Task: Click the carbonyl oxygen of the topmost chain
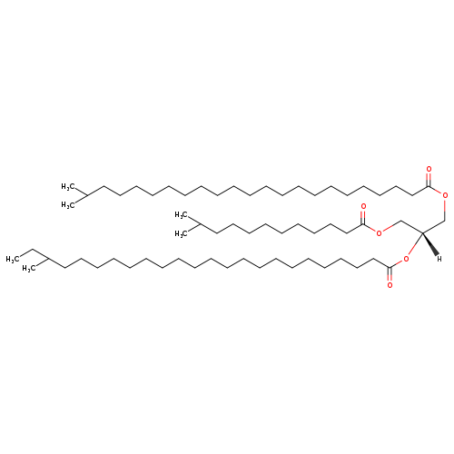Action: coord(429,169)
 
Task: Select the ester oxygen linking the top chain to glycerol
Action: coord(445,195)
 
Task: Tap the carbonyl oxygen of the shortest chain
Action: coord(363,207)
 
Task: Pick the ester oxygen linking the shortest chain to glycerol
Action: coord(379,232)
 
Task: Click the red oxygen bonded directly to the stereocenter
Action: coord(406,259)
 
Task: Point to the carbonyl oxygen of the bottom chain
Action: coord(390,285)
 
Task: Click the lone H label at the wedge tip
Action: coord(439,259)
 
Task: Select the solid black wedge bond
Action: coord(430,244)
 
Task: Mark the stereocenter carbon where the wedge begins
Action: coord(422,232)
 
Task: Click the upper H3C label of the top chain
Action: coord(68,187)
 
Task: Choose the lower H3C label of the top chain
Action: coord(68,205)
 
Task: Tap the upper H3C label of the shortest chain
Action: coord(182,215)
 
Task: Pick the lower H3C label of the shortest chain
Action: coord(182,233)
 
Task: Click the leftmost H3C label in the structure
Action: coord(13,260)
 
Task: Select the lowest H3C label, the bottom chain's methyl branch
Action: coord(29,269)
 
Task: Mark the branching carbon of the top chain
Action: coord(86,195)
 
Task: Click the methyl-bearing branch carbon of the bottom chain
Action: coord(48,259)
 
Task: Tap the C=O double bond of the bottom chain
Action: coord(390,274)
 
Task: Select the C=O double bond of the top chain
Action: coord(429,180)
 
